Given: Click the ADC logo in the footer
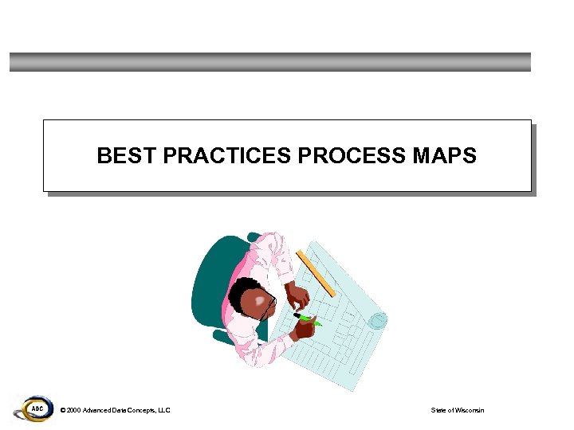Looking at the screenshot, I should (x=34, y=409).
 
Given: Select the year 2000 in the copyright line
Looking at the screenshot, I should (x=73, y=410).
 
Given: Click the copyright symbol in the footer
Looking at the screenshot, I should (x=62, y=410).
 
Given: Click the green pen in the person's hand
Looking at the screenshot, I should (x=307, y=319).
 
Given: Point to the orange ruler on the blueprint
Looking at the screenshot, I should (x=316, y=273).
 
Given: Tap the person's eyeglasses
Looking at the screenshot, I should (x=268, y=307).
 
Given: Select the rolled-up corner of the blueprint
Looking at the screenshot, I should (x=378, y=320).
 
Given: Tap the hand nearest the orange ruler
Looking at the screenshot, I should (x=298, y=297).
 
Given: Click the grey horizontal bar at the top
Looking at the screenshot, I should (x=269, y=62).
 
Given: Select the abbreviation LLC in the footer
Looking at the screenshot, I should (x=164, y=410).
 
